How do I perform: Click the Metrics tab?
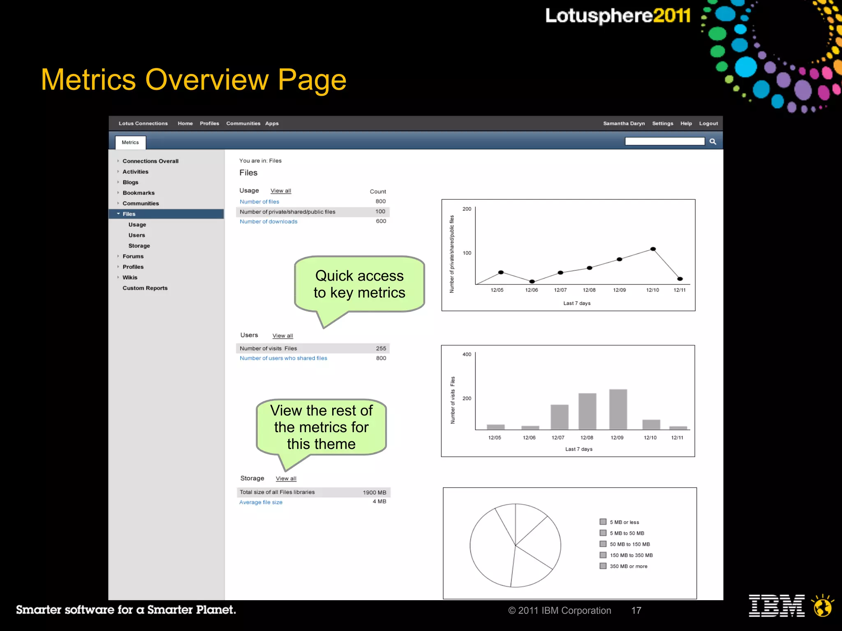pos(130,143)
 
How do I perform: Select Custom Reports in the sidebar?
pos(145,288)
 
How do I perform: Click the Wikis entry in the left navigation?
pos(130,277)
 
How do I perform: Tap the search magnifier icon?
pos(713,142)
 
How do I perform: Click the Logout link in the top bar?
pos(708,123)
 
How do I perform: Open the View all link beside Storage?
pos(286,479)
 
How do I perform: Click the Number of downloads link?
pos(268,221)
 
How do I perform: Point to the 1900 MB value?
pos(374,493)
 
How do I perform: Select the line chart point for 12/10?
pos(653,249)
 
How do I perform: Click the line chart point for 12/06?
pos(532,281)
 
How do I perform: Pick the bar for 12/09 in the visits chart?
pos(618,409)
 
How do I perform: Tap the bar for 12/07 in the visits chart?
pos(560,417)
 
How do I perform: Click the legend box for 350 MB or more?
pos(603,566)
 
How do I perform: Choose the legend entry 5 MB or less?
pos(624,522)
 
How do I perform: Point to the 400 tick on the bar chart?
pos(467,354)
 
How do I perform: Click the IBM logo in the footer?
pos(777,606)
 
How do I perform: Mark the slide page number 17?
pos(636,610)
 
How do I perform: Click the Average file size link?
pos(261,502)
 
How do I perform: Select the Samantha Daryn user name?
pos(624,123)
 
